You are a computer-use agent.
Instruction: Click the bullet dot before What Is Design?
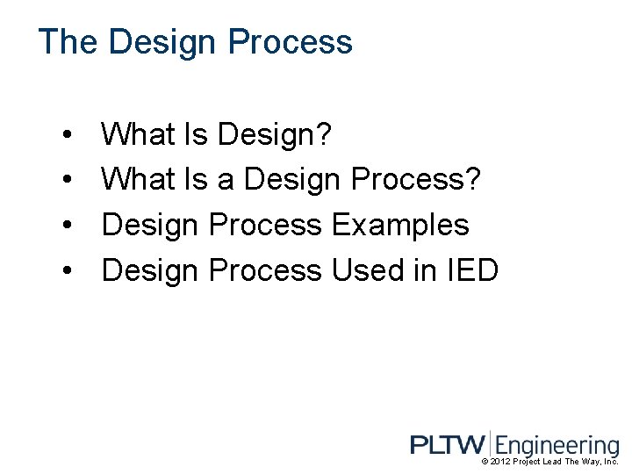(68, 136)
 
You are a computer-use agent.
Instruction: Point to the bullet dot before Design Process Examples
(68, 226)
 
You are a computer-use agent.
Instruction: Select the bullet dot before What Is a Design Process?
(68, 181)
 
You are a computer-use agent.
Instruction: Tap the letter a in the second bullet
(226, 181)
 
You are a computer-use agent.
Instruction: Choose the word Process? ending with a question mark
(415, 180)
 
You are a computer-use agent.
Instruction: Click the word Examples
(400, 226)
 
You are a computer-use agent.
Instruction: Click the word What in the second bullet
(139, 180)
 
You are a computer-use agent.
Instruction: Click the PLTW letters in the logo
(447, 445)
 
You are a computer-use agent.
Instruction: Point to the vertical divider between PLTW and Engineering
(491, 444)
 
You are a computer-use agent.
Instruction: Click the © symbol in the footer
(485, 462)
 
